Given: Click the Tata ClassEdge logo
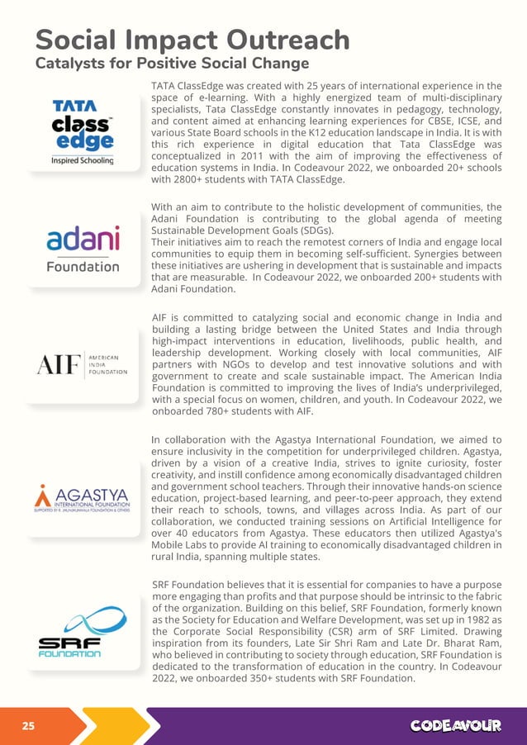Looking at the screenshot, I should (x=82, y=132).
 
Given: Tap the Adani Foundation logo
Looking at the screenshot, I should (x=82, y=249).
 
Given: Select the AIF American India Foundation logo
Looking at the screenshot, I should (x=82, y=364).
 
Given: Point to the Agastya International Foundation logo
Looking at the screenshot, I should (x=82, y=496).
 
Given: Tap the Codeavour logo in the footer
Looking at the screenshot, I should (x=456, y=726).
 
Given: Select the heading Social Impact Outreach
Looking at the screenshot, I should (x=192, y=40).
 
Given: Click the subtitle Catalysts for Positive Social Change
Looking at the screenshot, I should (x=172, y=64).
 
